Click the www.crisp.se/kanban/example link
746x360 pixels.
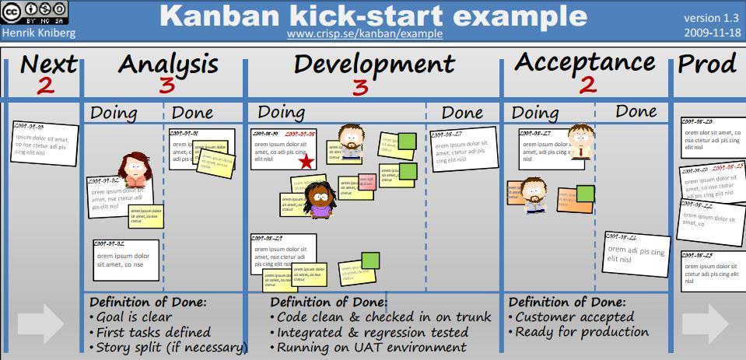pyautogui.click(x=364, y=33)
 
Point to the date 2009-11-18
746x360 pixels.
pyautogui.click(x=711, y=33)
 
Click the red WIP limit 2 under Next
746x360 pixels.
pyautogui.click(x=46, y=86)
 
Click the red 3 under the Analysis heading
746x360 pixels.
pyautogui.click(x=166, y=86)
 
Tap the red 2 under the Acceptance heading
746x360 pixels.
pyautogui.click(x=587, y=84)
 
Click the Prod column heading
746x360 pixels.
pyautogui.click(x=706, y=64)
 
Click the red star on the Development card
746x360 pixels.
pyautogui.click(x=306, y=162)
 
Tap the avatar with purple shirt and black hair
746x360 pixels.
pyautogui.click(x=318, y=201)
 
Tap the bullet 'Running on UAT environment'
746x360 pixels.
pyautogui.click(x=372, y=347)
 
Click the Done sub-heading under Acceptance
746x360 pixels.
pyautogui.click(x=636, y=112)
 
